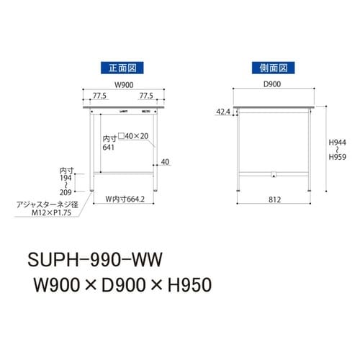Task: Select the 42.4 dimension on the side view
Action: coord(224,112)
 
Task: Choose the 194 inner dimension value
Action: coord(66,177)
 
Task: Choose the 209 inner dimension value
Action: coord(66,193)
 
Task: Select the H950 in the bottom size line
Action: coord(186,286)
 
